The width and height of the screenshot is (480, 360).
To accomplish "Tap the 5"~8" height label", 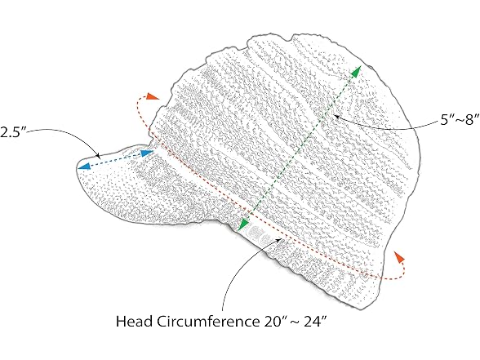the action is (x=460, y=119).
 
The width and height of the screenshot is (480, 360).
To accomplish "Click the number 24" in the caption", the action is (x=315, y=322).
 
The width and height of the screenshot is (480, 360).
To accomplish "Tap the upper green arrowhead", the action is (x=356, y=71).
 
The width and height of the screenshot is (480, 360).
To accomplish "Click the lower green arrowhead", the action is (x=243, y=224).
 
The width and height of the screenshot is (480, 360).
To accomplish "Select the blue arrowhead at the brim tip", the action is (x=83, y=167).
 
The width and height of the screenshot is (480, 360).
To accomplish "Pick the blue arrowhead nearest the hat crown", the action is (x=147, y=153).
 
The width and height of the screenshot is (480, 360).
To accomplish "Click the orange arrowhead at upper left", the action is (x=153, y=96).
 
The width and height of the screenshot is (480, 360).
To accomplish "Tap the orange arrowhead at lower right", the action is (x=399, y=257).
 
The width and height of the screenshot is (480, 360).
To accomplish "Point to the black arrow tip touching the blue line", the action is (x=99, y=157).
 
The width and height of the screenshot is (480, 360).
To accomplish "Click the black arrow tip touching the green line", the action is (x=336, y=116).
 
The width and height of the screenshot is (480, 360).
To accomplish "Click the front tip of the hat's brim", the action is (x=78, y=166).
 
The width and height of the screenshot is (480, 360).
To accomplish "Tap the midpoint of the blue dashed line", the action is (x=115, y=159).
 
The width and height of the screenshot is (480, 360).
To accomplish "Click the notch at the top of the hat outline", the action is (x=289, y=40).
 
